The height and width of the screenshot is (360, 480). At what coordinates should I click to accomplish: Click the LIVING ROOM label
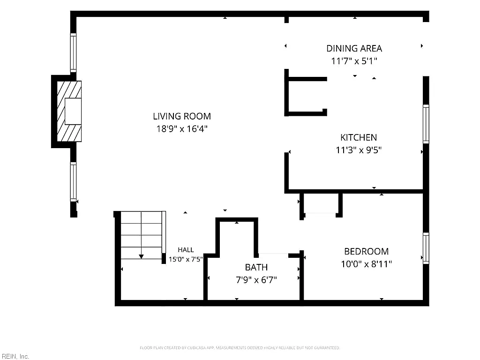(182, 116)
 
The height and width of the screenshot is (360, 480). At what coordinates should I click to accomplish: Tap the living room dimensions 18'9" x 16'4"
(182, 129)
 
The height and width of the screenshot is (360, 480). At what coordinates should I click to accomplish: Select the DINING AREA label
(354, 48)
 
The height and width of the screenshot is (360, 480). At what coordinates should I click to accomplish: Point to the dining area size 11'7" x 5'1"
(354, 61)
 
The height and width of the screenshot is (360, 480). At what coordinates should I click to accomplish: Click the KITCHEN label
(359, 137)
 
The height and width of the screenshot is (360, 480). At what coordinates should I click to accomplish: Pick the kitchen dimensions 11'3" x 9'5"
(359, 150)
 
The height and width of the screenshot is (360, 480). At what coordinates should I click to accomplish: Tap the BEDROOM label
(367, 251)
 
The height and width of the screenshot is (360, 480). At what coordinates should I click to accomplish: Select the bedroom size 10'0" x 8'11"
(367, 264)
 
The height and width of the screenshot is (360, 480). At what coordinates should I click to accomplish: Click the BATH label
(256, 267)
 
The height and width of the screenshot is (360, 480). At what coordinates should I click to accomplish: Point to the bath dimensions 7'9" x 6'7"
(256, 280)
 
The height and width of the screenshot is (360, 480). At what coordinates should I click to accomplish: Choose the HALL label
(186, 250)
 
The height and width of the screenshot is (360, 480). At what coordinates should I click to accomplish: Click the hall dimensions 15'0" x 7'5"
(186, 259)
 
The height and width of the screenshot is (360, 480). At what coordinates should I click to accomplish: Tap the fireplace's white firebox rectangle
(73, 111)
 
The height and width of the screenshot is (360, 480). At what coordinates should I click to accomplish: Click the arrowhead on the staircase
(141, 256)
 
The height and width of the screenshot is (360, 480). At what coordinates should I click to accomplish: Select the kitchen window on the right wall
(426, 124)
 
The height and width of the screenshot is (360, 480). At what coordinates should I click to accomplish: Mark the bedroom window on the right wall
(426, 248)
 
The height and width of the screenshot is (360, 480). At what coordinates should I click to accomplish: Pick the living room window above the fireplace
(73, 52)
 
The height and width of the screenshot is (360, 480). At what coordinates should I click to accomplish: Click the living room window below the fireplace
(73, 181)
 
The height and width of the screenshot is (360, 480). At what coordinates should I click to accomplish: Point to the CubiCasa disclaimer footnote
(240, 348)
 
